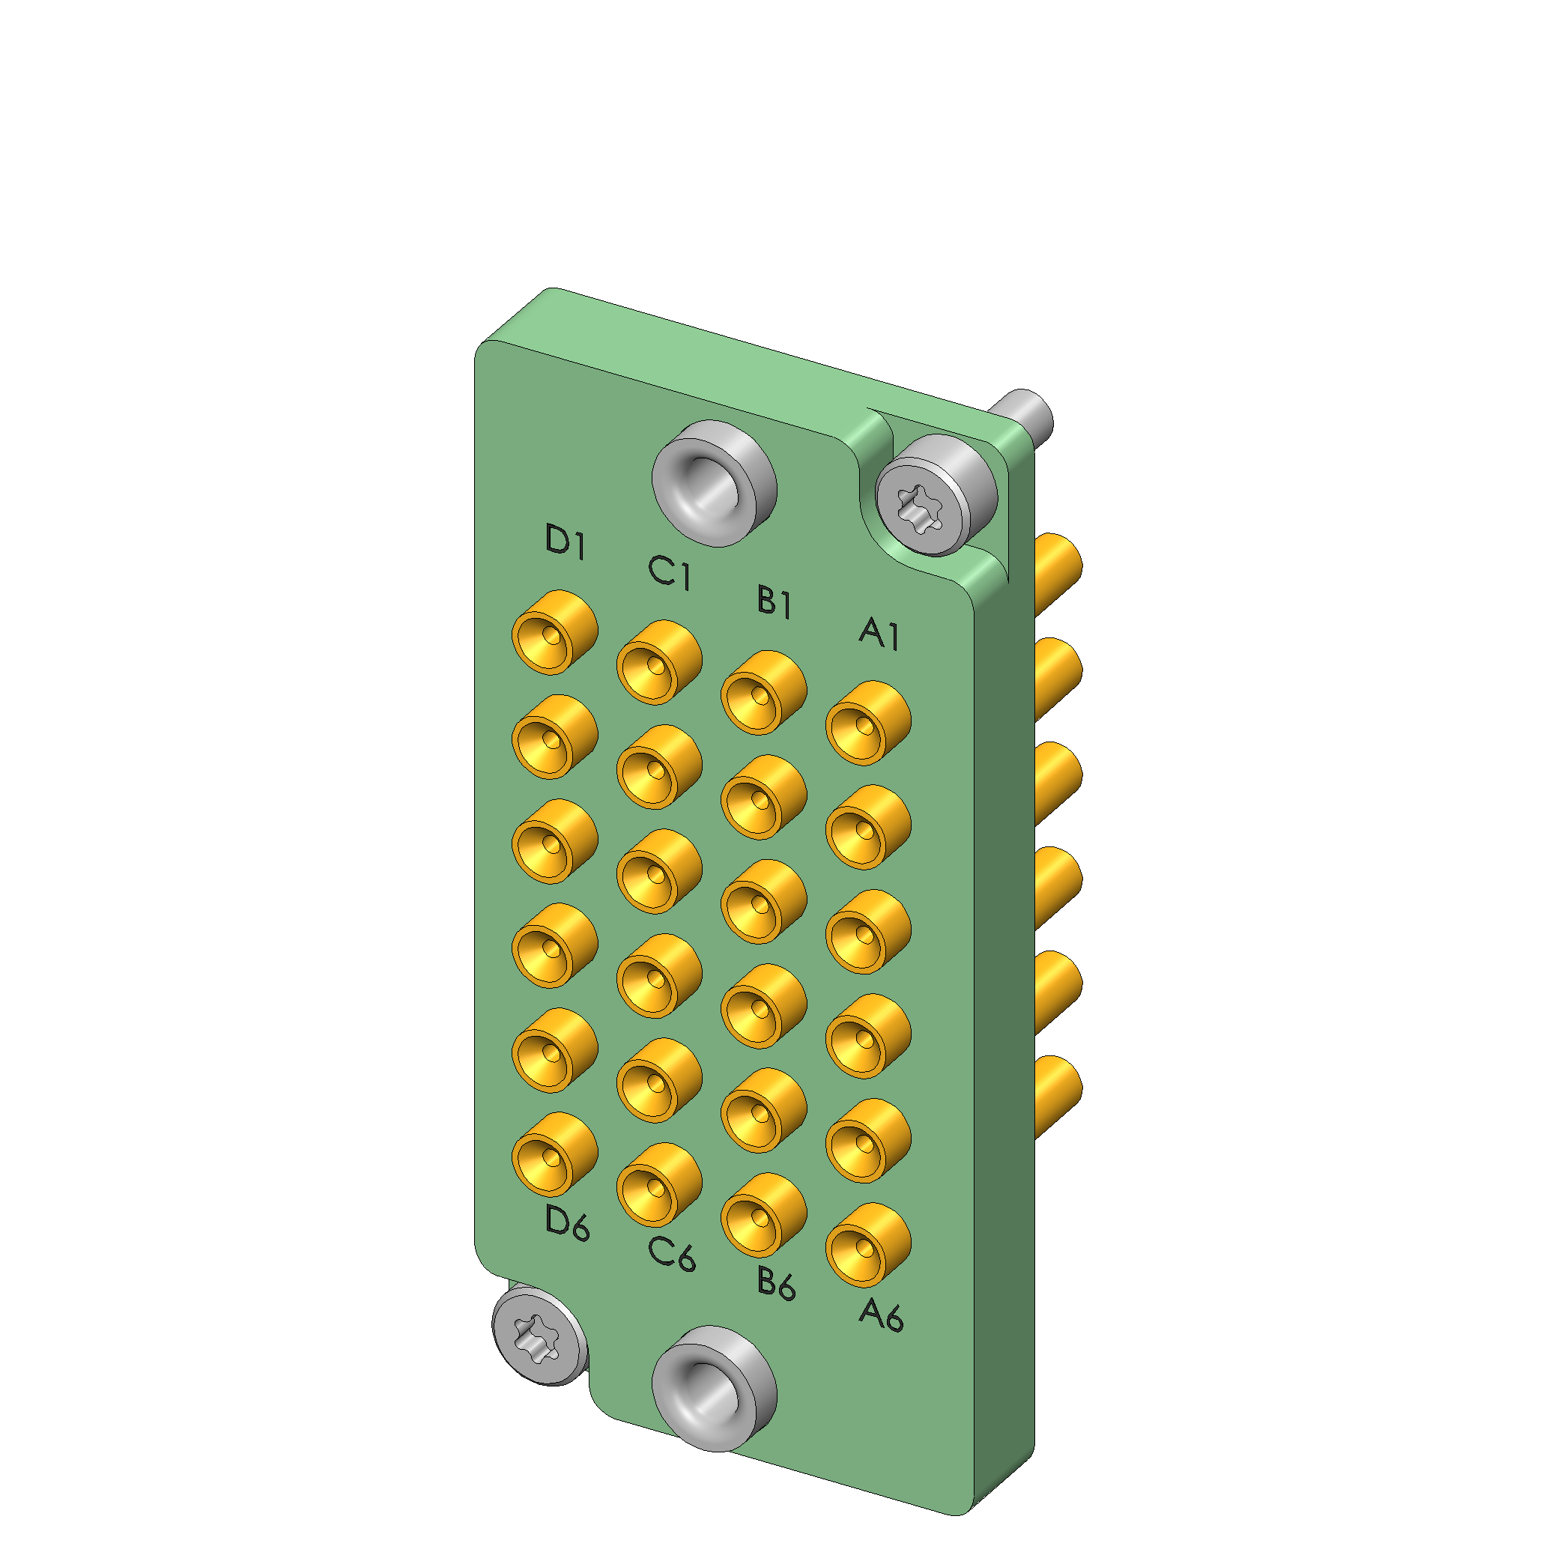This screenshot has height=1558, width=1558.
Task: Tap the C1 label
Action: click(x=670, y=572)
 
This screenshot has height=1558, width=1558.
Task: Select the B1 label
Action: click(x=775, y=601)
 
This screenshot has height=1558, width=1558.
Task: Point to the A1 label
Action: click(x=879, y=633)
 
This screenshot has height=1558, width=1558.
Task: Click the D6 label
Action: click(x=568, y=1223)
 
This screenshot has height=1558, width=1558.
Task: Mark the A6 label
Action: click(x=881, y=1314)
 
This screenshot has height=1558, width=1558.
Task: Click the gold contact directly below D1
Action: click(x=555, y=632)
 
